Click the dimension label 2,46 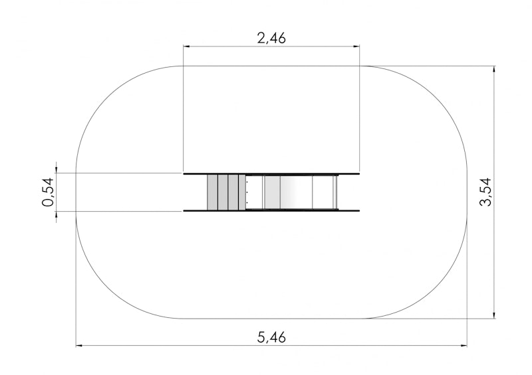271,38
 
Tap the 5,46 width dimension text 271,337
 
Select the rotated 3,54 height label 485,192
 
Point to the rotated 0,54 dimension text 48,192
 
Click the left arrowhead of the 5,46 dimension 78,346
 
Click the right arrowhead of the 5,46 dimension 464,346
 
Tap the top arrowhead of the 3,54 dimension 494,69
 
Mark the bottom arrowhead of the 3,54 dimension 494,315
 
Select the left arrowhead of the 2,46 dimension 186,46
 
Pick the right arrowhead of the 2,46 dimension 356,46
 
